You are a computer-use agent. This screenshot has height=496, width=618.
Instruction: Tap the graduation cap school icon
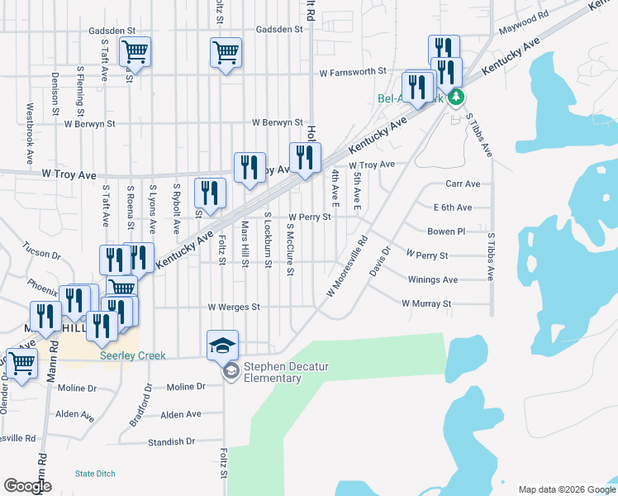(x=222, y=345)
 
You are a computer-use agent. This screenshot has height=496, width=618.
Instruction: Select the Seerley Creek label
(x=132, y=355)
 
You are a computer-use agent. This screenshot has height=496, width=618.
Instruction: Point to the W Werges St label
(x=234, y=307)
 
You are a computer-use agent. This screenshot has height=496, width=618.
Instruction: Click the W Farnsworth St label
(x=354, y=72)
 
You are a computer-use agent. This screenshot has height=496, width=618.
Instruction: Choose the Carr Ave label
(x=463, y=184)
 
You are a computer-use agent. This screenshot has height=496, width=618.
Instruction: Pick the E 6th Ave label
(x=453, y=207)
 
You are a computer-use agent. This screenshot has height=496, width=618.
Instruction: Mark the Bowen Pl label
(x=447, y=231)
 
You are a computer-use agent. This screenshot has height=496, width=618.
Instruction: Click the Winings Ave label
(x=433, y=279)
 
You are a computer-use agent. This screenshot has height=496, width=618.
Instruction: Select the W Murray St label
(x=426, y=303)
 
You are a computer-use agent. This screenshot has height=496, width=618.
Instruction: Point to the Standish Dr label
(x=171, y=441)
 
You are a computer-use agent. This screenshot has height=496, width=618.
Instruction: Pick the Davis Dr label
(x=380, y=260)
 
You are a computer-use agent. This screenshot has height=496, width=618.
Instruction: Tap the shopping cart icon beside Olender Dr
(x=21, y=364)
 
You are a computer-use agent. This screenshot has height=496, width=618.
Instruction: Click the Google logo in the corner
(x=28, y=485)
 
